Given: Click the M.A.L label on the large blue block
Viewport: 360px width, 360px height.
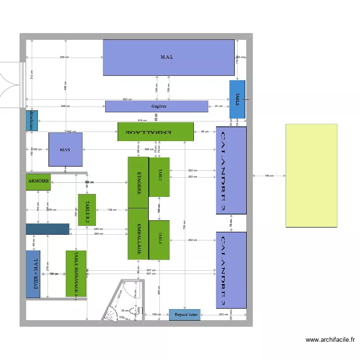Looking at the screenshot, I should (167, 57).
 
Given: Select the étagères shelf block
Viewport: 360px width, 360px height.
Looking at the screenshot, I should (156, 106).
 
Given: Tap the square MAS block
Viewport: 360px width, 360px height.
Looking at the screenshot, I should (65, 150).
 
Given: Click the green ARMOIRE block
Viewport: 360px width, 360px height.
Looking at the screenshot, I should (38, 182).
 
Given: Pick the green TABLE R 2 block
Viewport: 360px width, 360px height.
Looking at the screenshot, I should (87, 210).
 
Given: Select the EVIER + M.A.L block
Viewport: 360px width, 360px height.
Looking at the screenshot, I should (33, 274).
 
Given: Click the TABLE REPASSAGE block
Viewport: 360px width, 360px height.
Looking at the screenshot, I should (76, 274).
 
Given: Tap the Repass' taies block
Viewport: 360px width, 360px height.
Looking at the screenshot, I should (184, 315).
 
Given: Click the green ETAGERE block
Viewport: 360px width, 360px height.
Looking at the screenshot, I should (138, 182).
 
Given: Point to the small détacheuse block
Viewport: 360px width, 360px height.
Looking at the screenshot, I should (32, 121).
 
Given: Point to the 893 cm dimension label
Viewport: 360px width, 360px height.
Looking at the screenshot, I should (127, 99).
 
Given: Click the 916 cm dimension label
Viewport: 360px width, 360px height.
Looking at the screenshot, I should (142, 120).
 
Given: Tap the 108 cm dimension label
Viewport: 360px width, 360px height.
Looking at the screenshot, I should (156, 315).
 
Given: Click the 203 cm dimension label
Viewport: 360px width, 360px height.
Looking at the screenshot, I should (224, 315).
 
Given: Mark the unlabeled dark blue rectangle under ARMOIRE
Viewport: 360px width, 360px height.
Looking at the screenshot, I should (48, 229).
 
